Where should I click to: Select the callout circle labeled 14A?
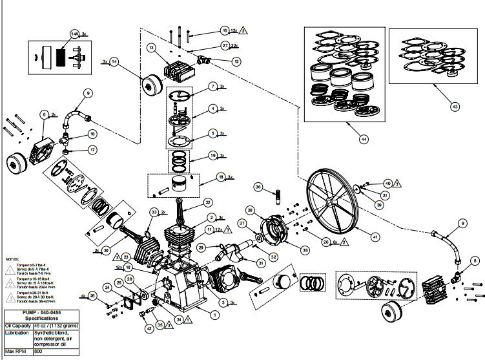point(74,33)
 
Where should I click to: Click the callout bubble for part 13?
point(150,48)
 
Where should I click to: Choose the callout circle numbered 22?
point(208,203)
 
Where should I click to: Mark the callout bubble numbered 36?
point(258,187)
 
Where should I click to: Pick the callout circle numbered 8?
point(475,260)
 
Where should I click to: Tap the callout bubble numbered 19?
point(213,155)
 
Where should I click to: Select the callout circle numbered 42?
point(150,328)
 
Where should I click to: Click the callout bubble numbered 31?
point(261,262)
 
